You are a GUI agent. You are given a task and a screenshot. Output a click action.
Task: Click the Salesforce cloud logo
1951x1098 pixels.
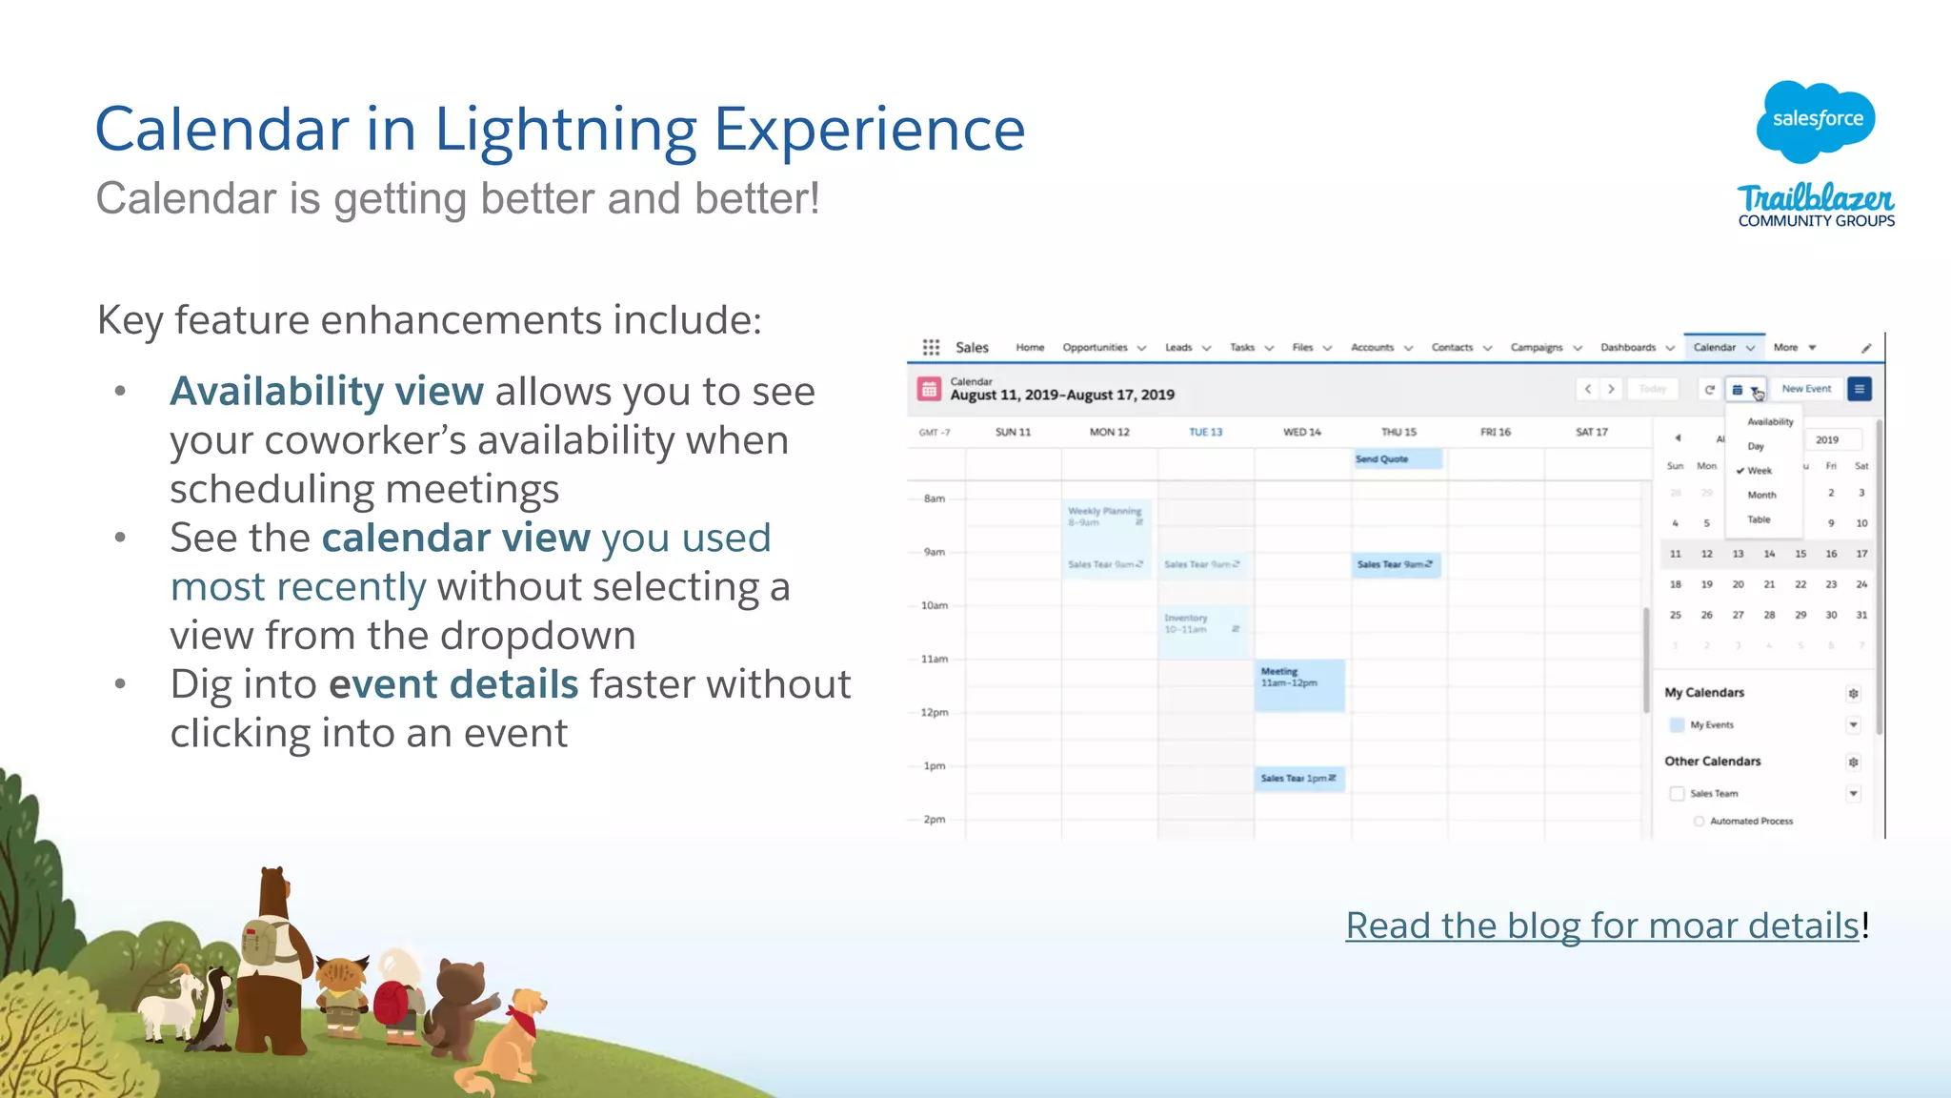point(1816,120)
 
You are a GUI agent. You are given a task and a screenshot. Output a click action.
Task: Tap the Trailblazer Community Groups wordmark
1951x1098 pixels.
point(1816,206)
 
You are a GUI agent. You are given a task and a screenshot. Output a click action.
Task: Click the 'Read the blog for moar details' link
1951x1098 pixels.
point(1602,925)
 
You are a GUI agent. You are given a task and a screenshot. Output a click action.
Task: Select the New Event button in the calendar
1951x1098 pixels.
point(1806,389)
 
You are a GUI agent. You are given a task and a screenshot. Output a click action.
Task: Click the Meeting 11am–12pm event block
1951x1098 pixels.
point(1299,684)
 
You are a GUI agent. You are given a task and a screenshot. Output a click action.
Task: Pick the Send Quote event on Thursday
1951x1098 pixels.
point(1397,459)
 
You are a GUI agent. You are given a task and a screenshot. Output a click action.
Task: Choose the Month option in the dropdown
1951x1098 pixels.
point(1761,495)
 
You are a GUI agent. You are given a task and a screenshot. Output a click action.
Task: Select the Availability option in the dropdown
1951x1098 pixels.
point(1770,421)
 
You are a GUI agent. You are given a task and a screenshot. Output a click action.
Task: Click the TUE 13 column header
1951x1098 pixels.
point(1205,432)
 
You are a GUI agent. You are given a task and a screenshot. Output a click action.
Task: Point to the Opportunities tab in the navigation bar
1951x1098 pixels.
point(1096,348)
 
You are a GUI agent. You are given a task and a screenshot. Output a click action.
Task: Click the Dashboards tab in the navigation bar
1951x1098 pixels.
point(1628,348)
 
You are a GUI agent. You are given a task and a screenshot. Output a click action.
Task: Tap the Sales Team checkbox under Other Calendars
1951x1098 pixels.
point(1677,793)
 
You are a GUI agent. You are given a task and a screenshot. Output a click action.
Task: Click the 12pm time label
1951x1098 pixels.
point(935,712)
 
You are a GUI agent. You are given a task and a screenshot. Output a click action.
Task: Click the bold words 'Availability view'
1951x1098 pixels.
point(327,392)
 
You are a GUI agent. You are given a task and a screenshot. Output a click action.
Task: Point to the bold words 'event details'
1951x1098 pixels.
point(453,684)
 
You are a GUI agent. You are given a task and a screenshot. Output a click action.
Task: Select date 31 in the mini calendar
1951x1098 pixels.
point(1861,615)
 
